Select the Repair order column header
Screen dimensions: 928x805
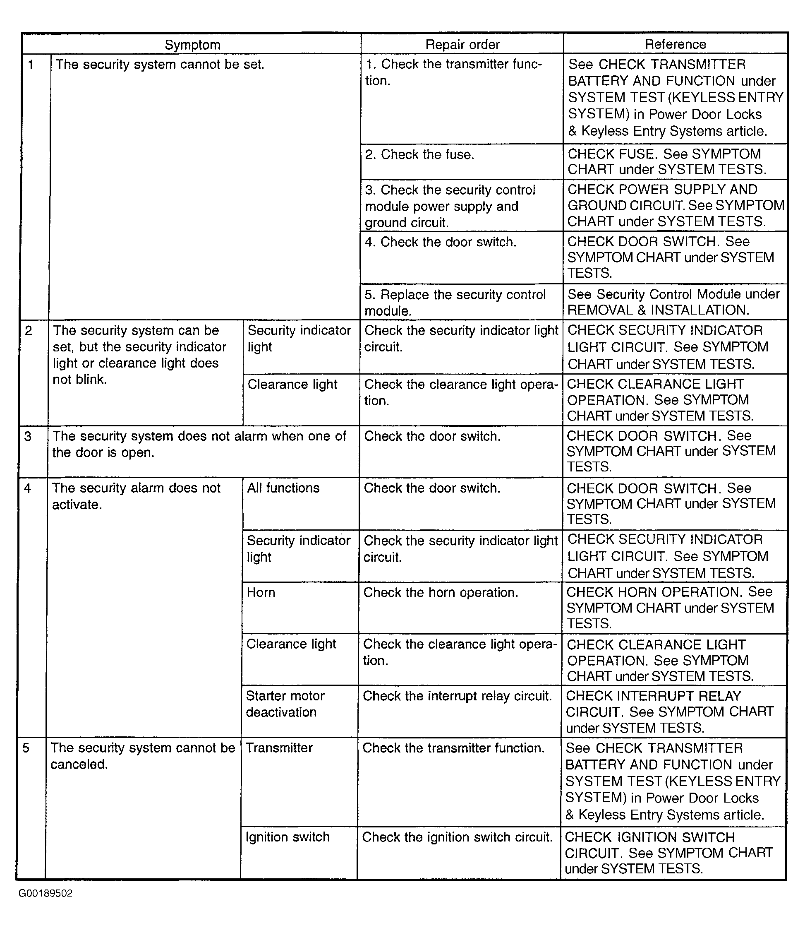coord(462,44)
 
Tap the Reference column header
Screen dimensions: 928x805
coord(675,44)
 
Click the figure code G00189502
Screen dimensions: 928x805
coord(46,893)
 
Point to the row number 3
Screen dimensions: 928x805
coord(28,436)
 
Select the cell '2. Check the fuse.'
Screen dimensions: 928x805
coord(419,154)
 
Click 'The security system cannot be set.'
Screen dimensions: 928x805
coord(160,65)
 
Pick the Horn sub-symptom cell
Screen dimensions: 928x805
coord(261,592)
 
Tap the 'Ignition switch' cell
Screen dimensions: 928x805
coord(287,837)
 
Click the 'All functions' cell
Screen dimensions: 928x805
coord(283,488)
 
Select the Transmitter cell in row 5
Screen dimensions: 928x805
coord(279,748)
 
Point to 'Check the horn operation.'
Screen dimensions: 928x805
coord(441,593)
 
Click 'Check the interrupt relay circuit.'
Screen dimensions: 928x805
coord(457,696)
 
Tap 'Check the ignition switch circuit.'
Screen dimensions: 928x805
coord(457,837)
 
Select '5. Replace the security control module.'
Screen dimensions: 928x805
coord(455,303)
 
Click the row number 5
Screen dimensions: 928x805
coord(26,748)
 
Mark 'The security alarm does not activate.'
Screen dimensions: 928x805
coord(136,496)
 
